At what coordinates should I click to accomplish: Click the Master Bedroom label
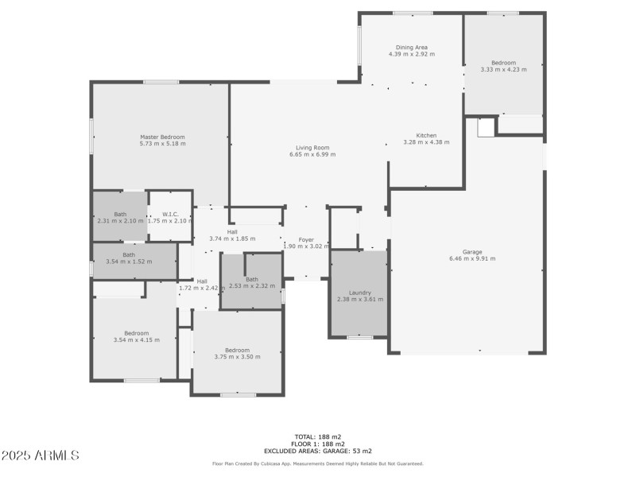pyautogui.click(x=162, y=137)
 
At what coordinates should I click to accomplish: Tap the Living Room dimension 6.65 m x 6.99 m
pyautogui.click(x=312, y=154)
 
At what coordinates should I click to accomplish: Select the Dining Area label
pyautogui.click(x=413, y=48)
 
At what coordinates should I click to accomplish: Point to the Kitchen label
pyautogui.click(x=426, y=135)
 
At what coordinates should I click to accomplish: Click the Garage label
pyautogui.click(x=472, y=251)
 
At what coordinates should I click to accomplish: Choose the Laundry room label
pyautogui.click(x=359, y=293)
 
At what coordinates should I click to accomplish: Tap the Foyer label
pyautogui.click(x=306, y=239)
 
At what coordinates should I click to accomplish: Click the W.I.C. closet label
pyautogui.click(x=170, y=214)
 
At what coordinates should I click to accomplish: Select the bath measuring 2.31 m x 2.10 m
pyautogui.click(x=120, y=217)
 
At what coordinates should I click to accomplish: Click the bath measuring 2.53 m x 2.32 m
pyautogui.click(x=251, y=282)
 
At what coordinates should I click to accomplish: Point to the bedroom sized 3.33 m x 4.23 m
pyautogui.click(x=503, y=66)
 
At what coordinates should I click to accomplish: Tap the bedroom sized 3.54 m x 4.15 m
pyautogui.click(x=136, y=336)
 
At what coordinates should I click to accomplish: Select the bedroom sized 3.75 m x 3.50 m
pyautogui.click(x=237, y=353)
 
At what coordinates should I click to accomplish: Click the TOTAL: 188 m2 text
pyautogui.click(x=317, y=436)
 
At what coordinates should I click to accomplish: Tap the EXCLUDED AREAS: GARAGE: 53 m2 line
pyautogui.click(x=317, y=451)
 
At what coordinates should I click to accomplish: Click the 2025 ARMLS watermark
pyautogui.click(x=40, y=456)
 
